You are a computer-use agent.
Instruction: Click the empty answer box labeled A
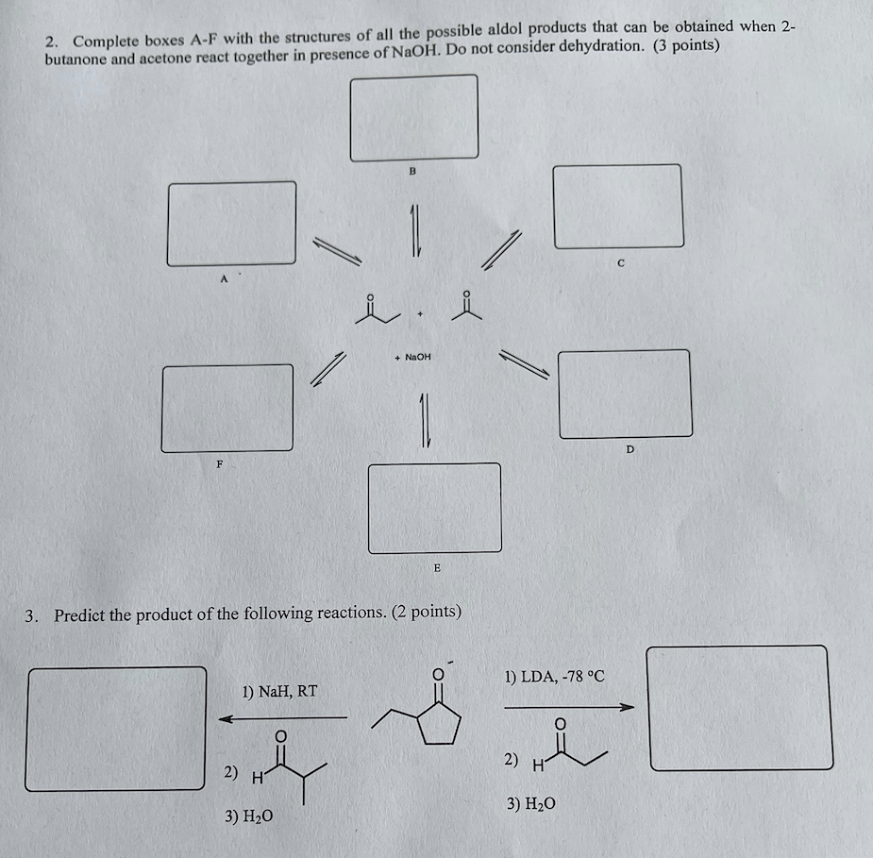click(x=231, y=224)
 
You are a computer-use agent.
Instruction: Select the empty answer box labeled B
click(x=413, y=117)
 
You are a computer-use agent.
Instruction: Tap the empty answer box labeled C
click(x=618, y=206)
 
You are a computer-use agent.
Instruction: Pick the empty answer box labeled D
click(x=625, y=394)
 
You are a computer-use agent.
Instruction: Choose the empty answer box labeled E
click(x=434, y=507)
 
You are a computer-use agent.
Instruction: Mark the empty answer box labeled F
click(x=227, y=408)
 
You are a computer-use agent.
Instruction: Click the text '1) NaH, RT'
click(x=279, y=691)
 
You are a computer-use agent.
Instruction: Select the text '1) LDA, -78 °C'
click(x=554, y=676)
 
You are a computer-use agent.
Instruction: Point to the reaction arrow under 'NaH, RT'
click(x=283, y=719)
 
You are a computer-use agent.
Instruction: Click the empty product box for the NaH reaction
click(x=117, y=728)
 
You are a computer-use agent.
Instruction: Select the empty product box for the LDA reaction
click(x=740, y=708)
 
